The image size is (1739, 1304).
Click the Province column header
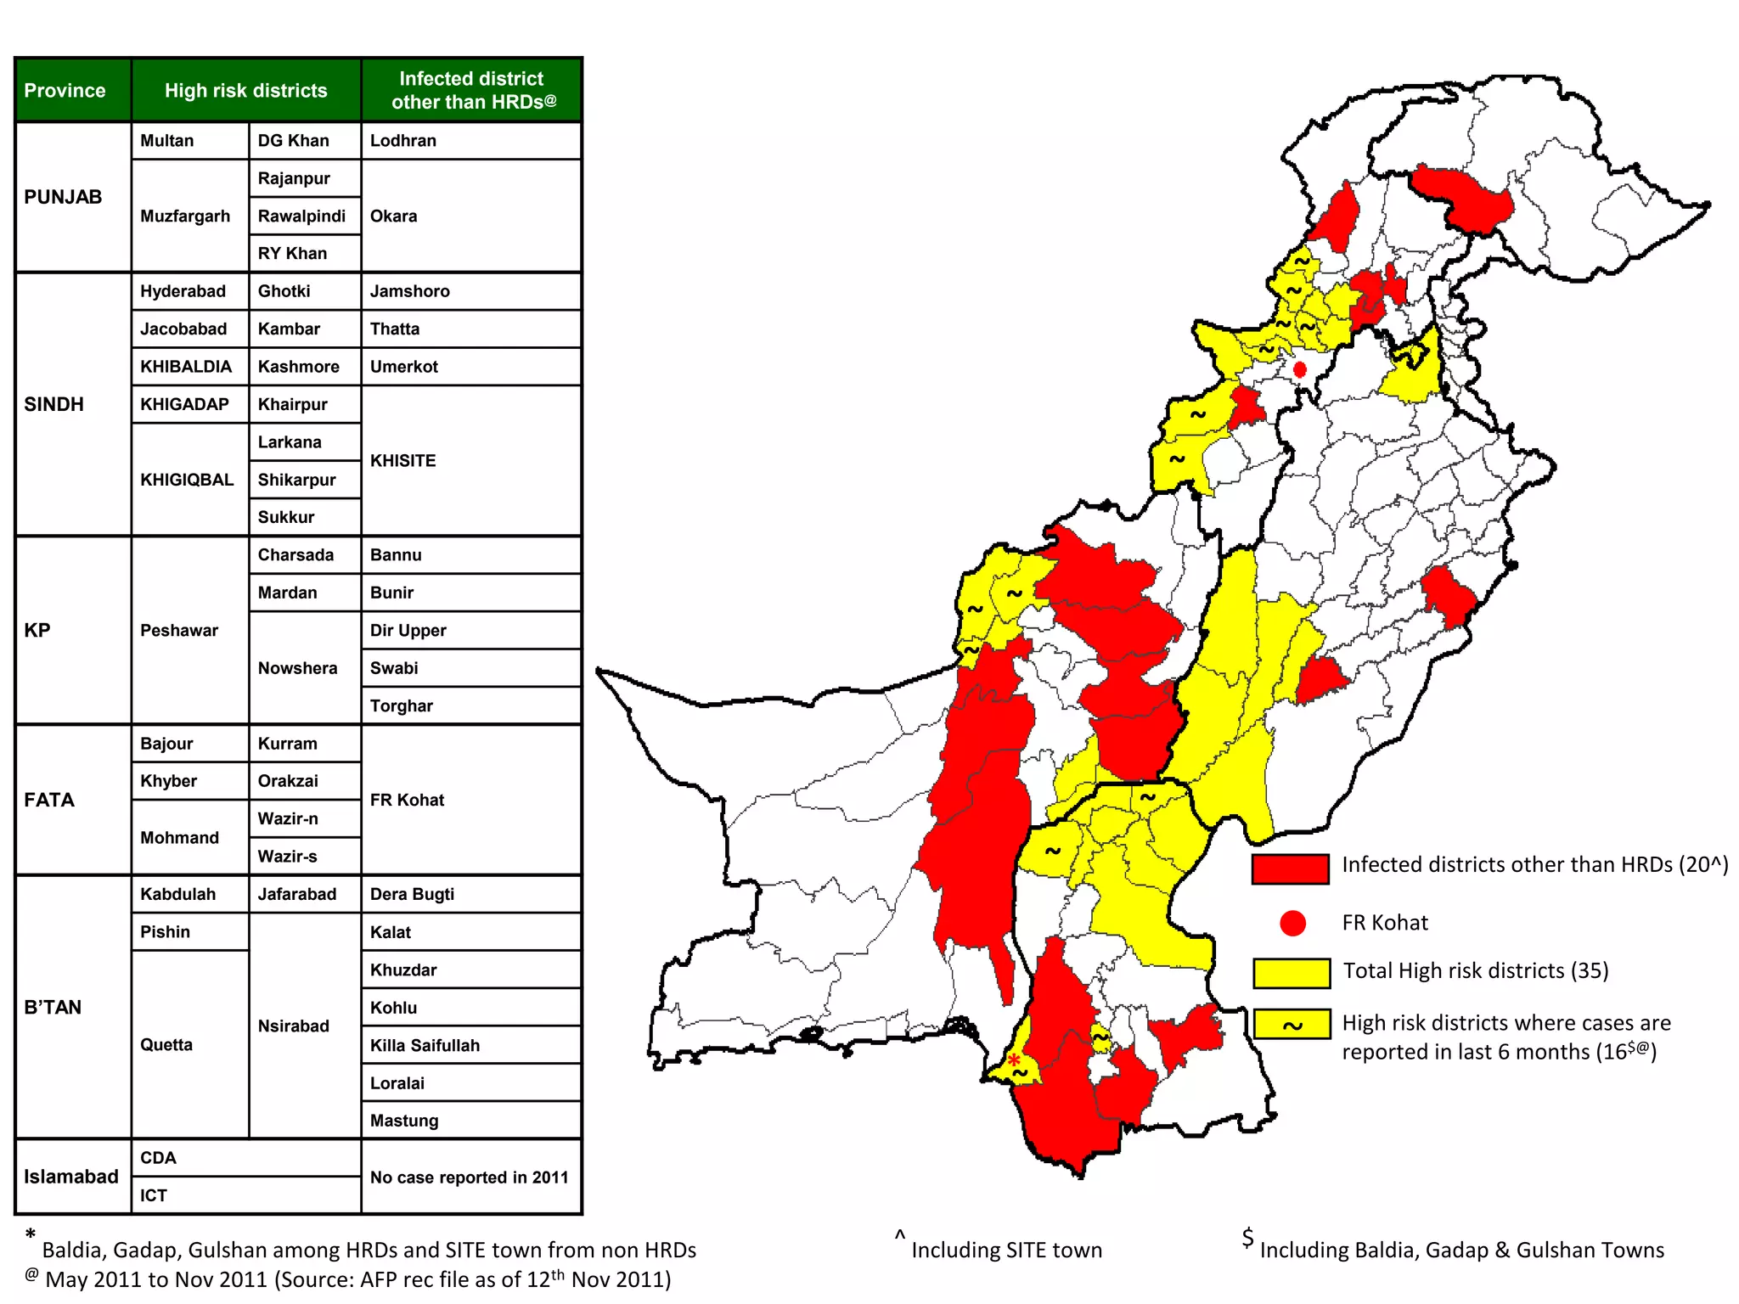pyautogui.click(x=65, y=91)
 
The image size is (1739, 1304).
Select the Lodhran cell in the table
pyautogui.click(x=403, y=141)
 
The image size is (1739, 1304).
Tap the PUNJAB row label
pyautogui.click(x=63, y=197)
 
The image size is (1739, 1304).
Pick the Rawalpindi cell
pyautogui.click(x=301, y=216)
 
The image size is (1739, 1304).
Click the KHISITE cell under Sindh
pyautogui.click(x=403, y=461)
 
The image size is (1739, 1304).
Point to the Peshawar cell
pyautogui.click(x=179, y=631)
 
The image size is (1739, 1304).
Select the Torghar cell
pyautogui.click(x=402, y=706)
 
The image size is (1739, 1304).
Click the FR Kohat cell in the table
pyautogui.click(x=408, y=801)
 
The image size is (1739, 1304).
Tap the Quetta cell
pyautogui.click(x=166, y=1045)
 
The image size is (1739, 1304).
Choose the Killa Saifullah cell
pyautogui.click(x=425, y=1046)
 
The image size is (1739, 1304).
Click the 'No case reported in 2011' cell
pyautogui.click(x=470, y=1178)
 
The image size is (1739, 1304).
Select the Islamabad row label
pyautogui.click(x=71, y=1178)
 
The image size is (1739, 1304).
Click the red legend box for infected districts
pyautogui.click(x=1290, y=868)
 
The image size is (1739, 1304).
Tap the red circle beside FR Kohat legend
pyautogui.click(x=1292, y=924)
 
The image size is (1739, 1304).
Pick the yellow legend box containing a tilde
pyautogui.click(x=1292, y=1025)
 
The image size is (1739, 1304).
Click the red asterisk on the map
pyautogui.click(x=1014, y=1059)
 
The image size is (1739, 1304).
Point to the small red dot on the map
pyautogui.click(x=1299, y=369)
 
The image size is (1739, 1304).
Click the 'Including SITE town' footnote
pyautogui.click(x=1006, y=1251)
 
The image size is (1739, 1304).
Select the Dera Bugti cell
pyautogui.click(x=412, y=895)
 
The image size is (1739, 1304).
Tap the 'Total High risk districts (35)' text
pyautogui.click(x=1476, y=971)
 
